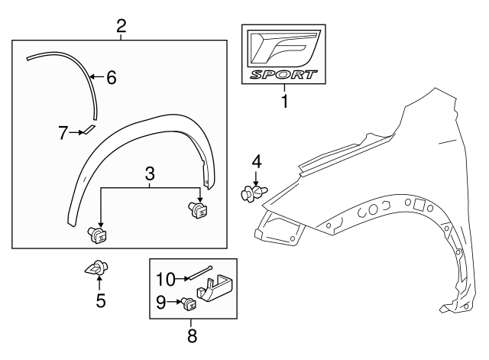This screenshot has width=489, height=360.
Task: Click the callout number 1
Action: coord(284,101)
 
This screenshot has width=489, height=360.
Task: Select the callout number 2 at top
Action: coord(121,27)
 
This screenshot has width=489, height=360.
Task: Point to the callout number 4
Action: coord(257,162)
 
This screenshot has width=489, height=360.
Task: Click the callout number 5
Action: coord(101,301)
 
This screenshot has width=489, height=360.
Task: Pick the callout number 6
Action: coord(111,77)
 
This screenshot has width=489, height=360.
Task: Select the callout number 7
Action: coord(63,132)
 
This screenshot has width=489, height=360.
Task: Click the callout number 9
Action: coord(160,303)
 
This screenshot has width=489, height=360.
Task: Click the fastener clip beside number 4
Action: coord(250,193)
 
